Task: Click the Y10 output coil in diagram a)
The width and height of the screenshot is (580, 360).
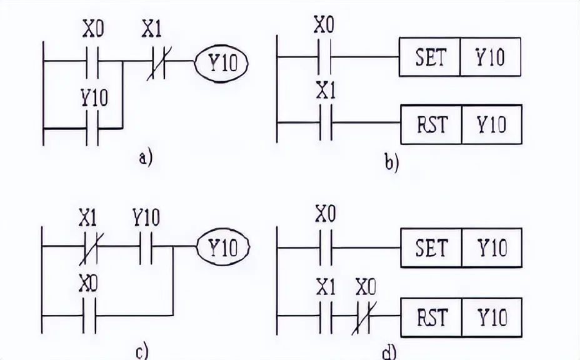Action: pyautogui.click(x=222, y=62)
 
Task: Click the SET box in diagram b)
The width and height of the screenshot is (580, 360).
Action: pyautogui.click(x=430, y=57)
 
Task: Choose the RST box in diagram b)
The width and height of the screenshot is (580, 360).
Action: pyautogui.click(x=431, y=124)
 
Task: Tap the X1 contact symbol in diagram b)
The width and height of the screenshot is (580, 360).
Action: pyautogui.click(x=325, y=124)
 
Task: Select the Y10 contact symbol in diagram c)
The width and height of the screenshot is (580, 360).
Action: pyautogui.click(x=146, y=247)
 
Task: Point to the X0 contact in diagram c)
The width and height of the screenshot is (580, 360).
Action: pyautogui.click(x=89, y=314)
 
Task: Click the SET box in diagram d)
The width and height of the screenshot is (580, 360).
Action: pyautogui.click(x=430, y=248)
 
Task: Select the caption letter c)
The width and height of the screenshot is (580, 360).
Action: pyautogui.click(x=142, y=351)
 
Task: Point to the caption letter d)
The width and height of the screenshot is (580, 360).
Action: pyautogui.click(x=389, y=353)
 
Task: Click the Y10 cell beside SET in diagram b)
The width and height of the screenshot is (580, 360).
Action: pyautogui.click(x=491, y=57)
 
